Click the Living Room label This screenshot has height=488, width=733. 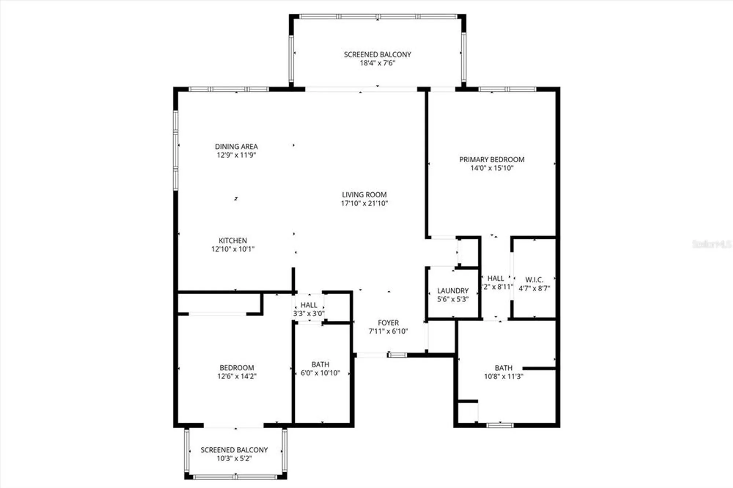(364, 195)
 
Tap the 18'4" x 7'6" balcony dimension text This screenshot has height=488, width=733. (377, 63)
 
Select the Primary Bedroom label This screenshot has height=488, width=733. (491, 159)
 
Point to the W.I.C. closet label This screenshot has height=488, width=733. (534, 280)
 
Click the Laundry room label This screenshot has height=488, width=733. (453, 291)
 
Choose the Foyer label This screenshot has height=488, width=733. (388, 323)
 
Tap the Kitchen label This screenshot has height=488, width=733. (233, 240)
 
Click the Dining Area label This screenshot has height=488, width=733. (236, 146)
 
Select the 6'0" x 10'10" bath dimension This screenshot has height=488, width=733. (320, 373)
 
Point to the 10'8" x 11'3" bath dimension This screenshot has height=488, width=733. (503, 376)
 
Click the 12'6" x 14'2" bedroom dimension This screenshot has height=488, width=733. (236, 376)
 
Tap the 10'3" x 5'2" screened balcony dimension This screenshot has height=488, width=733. (234, 458)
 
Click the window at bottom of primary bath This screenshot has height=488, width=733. (500, 425)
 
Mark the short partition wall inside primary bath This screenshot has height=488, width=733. (539, 368)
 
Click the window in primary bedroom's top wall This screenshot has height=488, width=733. (507, 89)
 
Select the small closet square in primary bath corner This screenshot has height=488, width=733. (468, 413)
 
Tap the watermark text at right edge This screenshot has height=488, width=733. (711, 244)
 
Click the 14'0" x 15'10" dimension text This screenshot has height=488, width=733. (491, 168)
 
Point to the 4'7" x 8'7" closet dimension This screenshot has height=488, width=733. (534, 288)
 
